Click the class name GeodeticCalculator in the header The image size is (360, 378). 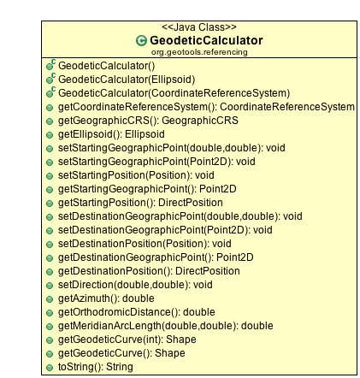206,40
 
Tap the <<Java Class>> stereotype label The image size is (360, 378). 199,27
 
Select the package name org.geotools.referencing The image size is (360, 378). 199,52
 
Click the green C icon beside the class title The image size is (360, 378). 141,41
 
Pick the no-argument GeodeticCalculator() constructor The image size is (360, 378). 107,66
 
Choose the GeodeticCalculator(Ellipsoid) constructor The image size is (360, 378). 127,80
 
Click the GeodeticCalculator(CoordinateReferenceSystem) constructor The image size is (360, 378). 174,93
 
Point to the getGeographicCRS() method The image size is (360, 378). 148,121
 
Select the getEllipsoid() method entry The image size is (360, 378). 111,134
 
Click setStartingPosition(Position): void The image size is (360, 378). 136,175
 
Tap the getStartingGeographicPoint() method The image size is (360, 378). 147,189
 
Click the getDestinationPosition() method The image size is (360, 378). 149,271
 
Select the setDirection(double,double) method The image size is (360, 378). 135,285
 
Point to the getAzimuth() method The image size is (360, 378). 106,298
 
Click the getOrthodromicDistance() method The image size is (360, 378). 137,312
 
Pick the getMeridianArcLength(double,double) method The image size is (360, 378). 166,326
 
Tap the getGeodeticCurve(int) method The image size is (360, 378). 127,340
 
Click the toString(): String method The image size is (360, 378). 96,367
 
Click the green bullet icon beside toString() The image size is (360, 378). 50,368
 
